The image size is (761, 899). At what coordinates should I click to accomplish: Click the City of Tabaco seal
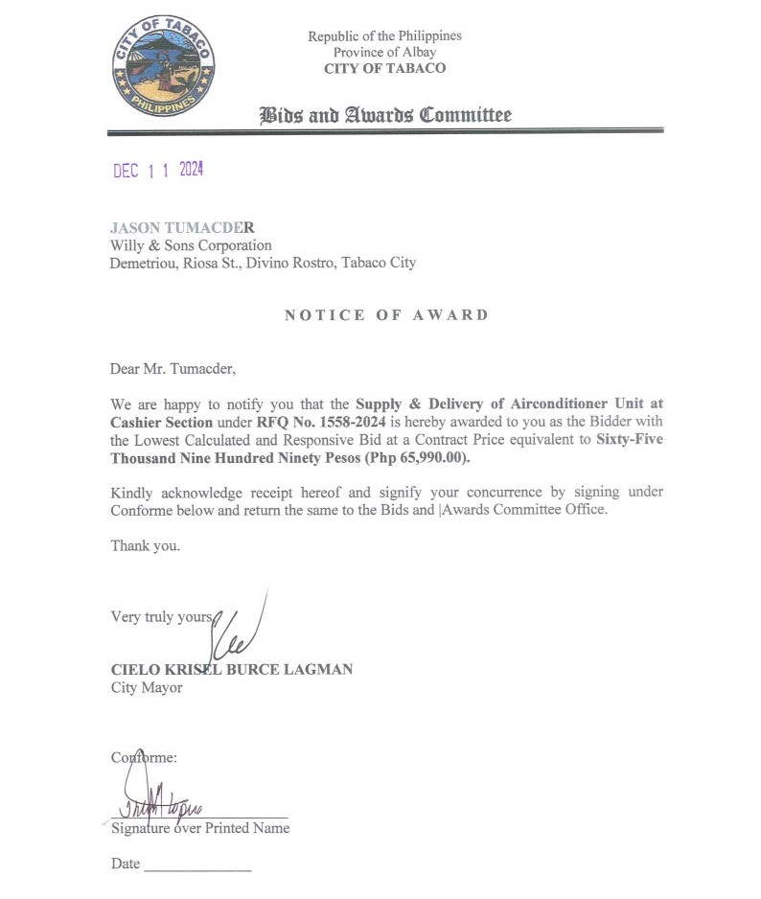coord(162,66)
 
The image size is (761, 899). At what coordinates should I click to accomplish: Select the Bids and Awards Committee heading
coord(384,116)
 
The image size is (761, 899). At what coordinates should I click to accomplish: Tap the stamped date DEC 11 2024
coord(158,171)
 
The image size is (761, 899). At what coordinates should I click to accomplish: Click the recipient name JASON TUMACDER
coord(182,228)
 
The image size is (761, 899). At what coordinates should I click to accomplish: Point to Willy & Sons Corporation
coord(191,245)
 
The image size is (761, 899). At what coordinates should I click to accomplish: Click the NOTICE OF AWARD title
coord(386,315)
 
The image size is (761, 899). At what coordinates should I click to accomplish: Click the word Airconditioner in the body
coord(558,404)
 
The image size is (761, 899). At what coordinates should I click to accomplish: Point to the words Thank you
coord(145,546)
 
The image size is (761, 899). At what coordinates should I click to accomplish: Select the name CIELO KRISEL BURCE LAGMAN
coord(232,670)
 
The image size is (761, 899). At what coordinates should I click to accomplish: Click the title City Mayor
coord(147,687)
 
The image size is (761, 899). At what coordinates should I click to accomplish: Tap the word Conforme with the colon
coord(144,757)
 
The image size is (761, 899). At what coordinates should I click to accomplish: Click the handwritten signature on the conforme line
coord(153,800)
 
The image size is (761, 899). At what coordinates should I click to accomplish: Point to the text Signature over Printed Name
coord(200,827)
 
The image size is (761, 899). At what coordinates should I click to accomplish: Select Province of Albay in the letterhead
coord(384,52)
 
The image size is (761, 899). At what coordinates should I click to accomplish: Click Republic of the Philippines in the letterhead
coord(384,35)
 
